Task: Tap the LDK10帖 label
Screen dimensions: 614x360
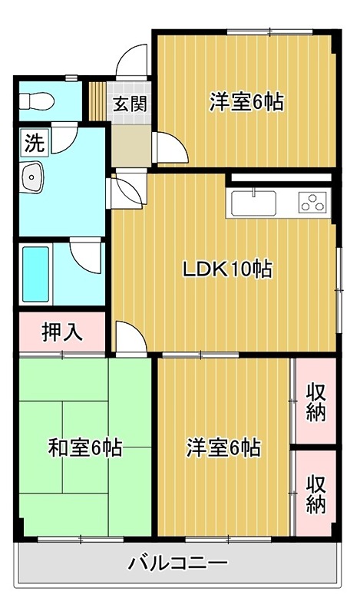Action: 227,269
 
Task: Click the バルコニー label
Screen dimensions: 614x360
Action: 177,564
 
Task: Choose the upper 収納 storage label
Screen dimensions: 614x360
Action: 315,400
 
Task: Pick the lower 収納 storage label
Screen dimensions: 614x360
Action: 315,494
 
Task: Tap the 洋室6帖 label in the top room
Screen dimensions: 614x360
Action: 246,101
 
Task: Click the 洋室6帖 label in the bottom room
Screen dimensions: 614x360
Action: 223,447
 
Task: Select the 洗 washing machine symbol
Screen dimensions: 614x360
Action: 34,142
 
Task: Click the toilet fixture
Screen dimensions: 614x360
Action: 35,100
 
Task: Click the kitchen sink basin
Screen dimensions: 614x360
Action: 253,204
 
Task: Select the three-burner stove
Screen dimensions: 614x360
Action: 313,204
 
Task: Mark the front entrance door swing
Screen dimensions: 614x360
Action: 132,61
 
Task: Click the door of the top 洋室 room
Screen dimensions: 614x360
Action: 169,148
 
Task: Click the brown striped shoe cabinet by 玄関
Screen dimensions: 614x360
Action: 97,98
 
